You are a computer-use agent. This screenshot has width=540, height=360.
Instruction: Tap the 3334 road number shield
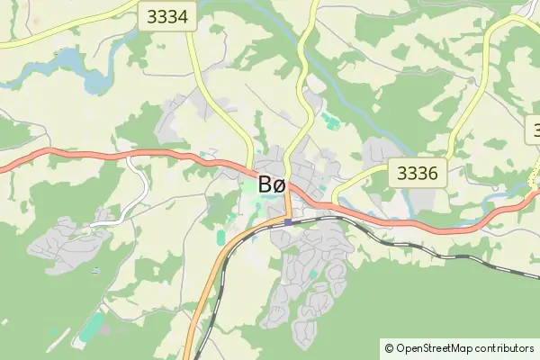[167, 16]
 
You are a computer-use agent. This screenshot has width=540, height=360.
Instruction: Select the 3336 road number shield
[418, 174]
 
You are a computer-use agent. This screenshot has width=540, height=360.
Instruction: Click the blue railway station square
[287, 222]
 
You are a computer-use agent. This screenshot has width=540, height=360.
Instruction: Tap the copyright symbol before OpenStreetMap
[389, 347]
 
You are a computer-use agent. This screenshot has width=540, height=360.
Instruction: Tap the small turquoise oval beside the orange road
[221, 237]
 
